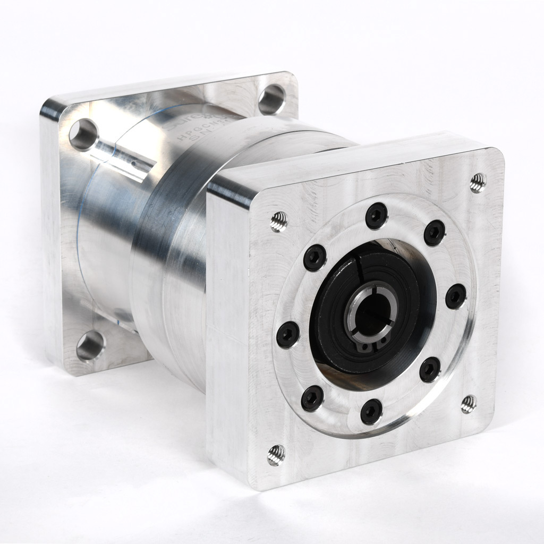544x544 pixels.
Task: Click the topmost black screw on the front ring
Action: [376, 216]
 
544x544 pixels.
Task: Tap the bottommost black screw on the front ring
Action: [371, 411]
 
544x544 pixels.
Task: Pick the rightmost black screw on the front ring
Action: [455, 296]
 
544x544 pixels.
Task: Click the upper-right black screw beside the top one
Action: [434, 232]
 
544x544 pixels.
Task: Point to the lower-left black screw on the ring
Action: [312, 398]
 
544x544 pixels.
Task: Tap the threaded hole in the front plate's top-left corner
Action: [278, 222]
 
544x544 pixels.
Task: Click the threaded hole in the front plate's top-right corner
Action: [478, 183]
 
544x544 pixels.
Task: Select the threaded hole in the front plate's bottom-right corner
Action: [468, 404]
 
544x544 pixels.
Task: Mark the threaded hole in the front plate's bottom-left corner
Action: [276, 455]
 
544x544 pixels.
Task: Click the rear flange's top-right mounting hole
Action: [271, 99]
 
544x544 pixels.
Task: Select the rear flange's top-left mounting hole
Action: [83, 134]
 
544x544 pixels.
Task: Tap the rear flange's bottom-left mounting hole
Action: [90, 346]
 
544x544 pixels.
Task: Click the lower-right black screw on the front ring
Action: [429, 369]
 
